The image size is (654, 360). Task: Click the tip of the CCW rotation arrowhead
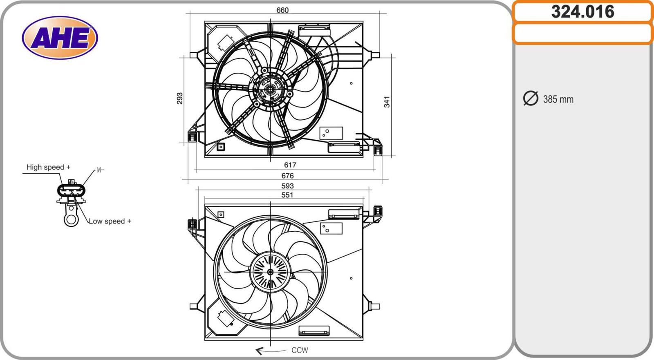click(x=256, y=350)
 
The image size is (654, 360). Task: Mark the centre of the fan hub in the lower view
click(x=270, y=272)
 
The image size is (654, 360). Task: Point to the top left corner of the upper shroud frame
click(x=205, y=21)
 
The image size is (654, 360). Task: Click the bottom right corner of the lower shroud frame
click(x=363, y=340)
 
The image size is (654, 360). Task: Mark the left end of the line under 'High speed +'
click(x=23, y=173)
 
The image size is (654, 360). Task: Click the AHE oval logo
click(x=60, y=38)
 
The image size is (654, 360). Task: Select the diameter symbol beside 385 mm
click(x=531, y=98)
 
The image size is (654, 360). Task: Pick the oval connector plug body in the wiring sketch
click(x=71, y=190)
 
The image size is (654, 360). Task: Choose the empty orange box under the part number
click(x=583, y=34)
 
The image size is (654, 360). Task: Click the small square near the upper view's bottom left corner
click(x=221, y=147)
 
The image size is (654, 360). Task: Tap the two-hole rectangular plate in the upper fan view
click(x=331, y=133)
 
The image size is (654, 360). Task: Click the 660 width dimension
click(x=282, y=10)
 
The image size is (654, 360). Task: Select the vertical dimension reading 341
click(x=387, y=102)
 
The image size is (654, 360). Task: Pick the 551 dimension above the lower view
click(x=287, y=195)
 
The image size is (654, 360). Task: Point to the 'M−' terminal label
click(x=100, y=170)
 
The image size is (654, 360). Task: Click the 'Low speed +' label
click(x=110, y=221)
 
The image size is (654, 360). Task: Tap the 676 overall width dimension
click(x=287, y=175)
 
